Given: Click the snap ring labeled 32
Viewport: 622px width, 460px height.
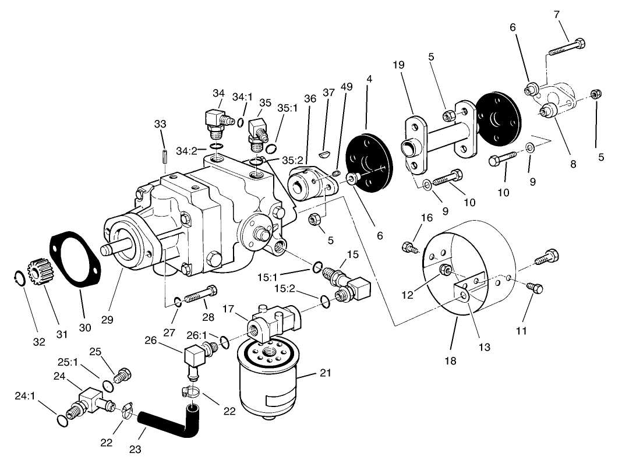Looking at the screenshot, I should point(19,279).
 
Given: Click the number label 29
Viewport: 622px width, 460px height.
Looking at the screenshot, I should point(107,320).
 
